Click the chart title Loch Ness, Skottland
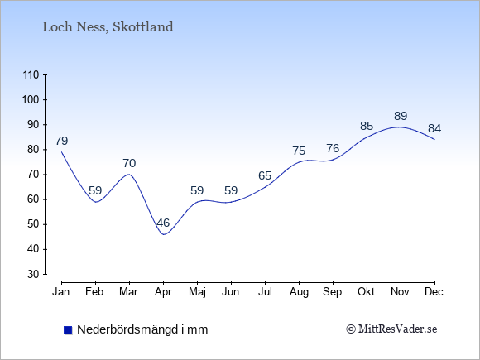(x=108, y=27)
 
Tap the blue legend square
(x=68, y=330)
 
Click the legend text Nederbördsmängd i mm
(x=142, y=329)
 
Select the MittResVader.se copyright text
(x=391, y=329)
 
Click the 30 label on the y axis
(x=33, y=274)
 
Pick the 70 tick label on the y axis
(x=33, y=175)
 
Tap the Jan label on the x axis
(x=61, y=292)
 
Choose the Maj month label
(x=197, y=292)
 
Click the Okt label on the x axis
(x=366, y=292)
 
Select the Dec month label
(x=434, y=292)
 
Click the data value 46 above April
(x=163, y=223)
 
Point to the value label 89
(x=401, y=116)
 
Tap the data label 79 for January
(x=61, y=141)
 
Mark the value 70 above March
(x=129, y=163)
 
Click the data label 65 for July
(x=265, y=175)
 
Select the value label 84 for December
(x=434, y=128)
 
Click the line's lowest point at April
(x=164, y=234)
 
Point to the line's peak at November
(x=399, y=127)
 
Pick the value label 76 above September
(x=333, y=148)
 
